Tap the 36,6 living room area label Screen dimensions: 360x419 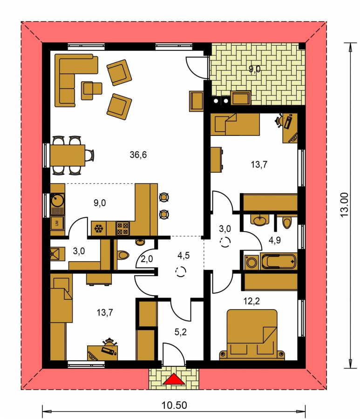tap(138, 155)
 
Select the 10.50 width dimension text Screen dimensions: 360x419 tap(174, 405)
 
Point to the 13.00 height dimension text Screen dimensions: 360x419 tap(344, 205)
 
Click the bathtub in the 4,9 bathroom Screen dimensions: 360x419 tap(278, 261)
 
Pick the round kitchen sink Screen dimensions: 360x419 tap(57, 200)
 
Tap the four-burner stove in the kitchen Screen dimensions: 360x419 tap(122, 229)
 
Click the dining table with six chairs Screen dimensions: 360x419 tap(71, 155)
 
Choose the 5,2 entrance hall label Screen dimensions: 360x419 tap(180, 332)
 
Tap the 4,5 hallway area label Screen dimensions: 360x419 tap(183, 256)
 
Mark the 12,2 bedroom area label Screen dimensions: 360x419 tap(251, 301)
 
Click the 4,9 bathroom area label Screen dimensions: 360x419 tap(275, 240)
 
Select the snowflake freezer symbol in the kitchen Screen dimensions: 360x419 tap(99, 229)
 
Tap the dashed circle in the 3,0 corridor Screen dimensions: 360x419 tap(225, 242)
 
